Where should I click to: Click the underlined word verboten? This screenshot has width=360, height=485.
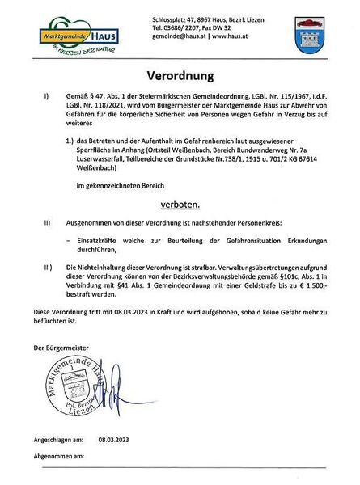(182, 205)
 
